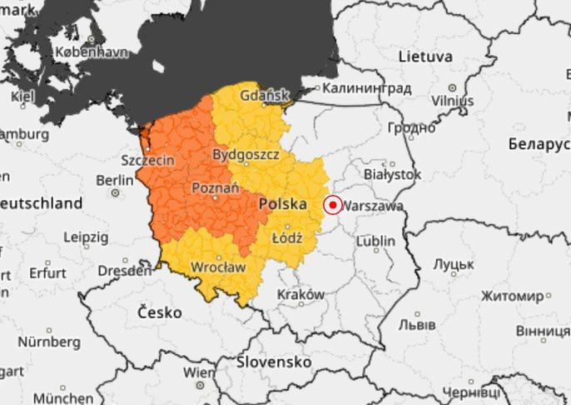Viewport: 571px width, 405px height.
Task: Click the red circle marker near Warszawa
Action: click(x=332, y=204)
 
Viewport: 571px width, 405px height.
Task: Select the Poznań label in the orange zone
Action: click(x=216, y=188)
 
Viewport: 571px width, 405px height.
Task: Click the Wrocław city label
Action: click(x=218, y=267)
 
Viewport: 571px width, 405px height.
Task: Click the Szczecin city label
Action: click(x=147, y=159)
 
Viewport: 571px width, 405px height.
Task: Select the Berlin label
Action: click(x=115, y=180)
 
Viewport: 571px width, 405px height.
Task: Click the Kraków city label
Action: click(x=300, y=294)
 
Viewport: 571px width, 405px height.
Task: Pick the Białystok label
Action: click(x=393, y=174)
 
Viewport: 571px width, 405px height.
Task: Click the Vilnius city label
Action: click(x=452, y=100)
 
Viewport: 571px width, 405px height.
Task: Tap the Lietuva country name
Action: click(x=425, y=57)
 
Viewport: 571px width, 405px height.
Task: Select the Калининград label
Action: click(x=366, y=87)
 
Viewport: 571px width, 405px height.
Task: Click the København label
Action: click(x=91, y=52)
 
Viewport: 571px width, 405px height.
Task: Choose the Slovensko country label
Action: click(x=274, y=362)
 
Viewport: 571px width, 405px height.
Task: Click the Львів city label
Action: click(x=416, y=323)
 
